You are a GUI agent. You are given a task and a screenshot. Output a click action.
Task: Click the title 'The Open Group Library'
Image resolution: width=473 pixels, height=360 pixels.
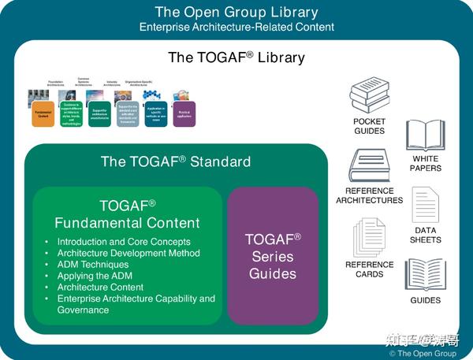point(236,12)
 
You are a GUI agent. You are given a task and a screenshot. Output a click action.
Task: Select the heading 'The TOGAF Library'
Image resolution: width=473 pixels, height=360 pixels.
point(236,58)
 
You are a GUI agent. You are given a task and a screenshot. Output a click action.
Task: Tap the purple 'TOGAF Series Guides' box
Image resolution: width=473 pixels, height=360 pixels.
point(273,256)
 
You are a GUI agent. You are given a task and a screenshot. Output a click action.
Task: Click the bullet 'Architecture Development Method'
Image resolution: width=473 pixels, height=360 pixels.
point(128,254)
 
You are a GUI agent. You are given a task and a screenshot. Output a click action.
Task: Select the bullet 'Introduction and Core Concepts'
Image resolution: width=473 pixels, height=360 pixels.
point(123,242)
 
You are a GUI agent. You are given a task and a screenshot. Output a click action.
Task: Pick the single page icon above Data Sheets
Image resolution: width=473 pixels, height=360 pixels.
point(425,205)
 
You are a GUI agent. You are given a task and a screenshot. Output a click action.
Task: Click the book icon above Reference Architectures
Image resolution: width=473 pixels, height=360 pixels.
point(368,166)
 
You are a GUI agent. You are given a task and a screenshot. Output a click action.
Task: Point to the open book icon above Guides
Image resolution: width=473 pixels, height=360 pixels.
point(426,275)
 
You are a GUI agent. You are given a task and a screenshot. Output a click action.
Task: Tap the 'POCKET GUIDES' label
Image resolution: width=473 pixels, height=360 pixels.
point(369,126)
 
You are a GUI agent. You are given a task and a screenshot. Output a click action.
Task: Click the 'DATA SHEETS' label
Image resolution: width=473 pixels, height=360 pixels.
point(426,235)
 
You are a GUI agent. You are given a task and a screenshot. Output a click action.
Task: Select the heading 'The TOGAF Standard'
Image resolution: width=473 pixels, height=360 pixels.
point(176,161)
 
